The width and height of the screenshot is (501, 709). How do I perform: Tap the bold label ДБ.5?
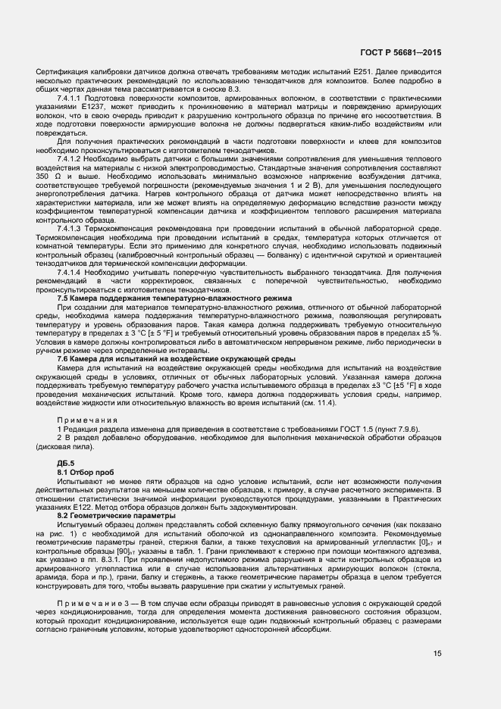point(66,461)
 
